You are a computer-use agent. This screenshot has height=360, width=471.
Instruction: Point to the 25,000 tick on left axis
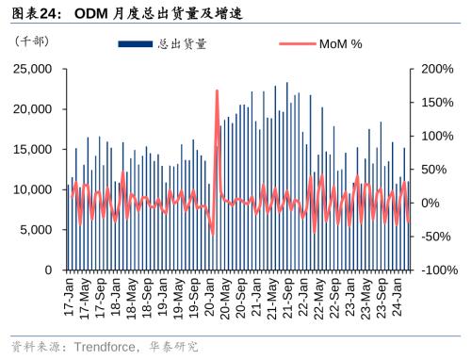34,69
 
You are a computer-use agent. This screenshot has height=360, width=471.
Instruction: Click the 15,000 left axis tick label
34,149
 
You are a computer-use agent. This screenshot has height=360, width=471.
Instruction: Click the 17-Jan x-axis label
71,296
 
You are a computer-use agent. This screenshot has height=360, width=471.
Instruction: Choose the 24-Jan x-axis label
397,296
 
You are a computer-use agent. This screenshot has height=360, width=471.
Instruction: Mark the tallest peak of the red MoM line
217,90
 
